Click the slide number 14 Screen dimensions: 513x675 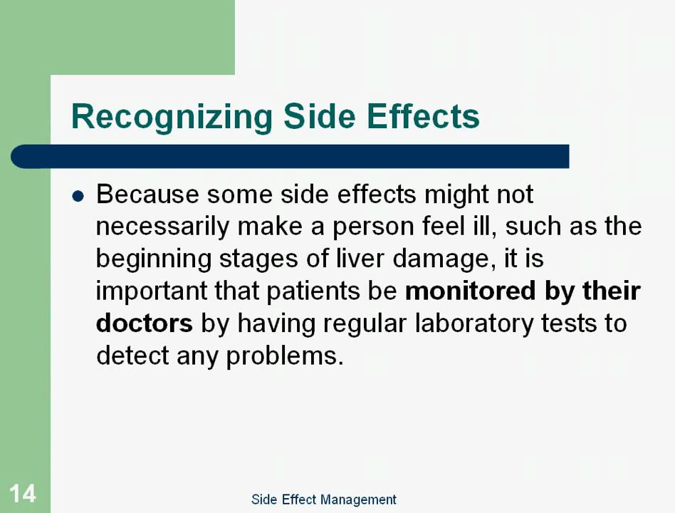(22, 493)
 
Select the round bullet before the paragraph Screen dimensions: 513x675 (79, 195)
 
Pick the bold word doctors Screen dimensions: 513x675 (144, 323)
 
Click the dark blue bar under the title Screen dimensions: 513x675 (289, 156)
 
